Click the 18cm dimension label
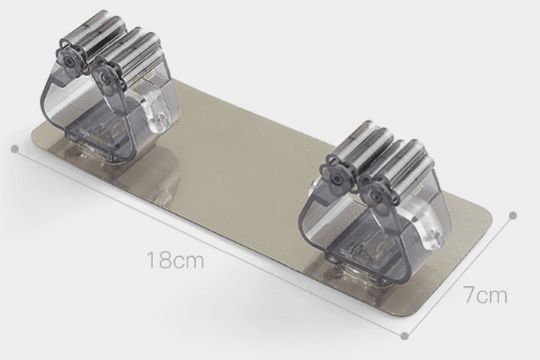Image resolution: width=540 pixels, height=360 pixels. click(x=175, y=260)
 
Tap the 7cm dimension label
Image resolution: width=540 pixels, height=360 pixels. click(x=485, y=294)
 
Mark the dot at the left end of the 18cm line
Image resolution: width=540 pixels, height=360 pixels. click(x=15, y=149)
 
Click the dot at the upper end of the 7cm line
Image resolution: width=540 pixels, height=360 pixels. click(x=513, y=215)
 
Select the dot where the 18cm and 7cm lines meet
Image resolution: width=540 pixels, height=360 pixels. click(x=405, y=335)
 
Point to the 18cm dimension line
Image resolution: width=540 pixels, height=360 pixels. click(x=210, y=242)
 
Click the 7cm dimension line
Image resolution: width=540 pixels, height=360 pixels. click(x=459, y=275)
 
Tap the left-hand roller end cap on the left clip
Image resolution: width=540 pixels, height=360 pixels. click(x=70, y=60)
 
